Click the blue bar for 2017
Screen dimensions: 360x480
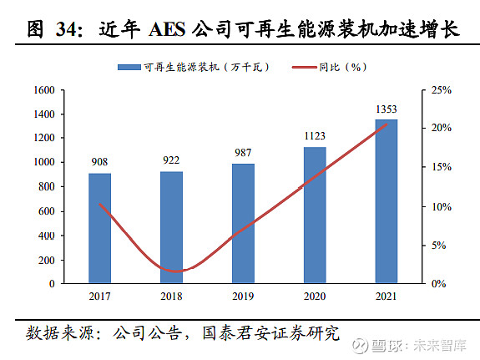point(99,228)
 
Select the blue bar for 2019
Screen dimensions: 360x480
point(243,223)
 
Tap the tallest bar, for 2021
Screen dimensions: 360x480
point(386,201)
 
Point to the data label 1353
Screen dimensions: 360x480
point(386,109)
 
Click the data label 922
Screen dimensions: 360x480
point(171,161)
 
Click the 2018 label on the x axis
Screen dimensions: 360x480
point(171,297)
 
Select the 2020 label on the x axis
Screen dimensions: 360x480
point(314,297)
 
